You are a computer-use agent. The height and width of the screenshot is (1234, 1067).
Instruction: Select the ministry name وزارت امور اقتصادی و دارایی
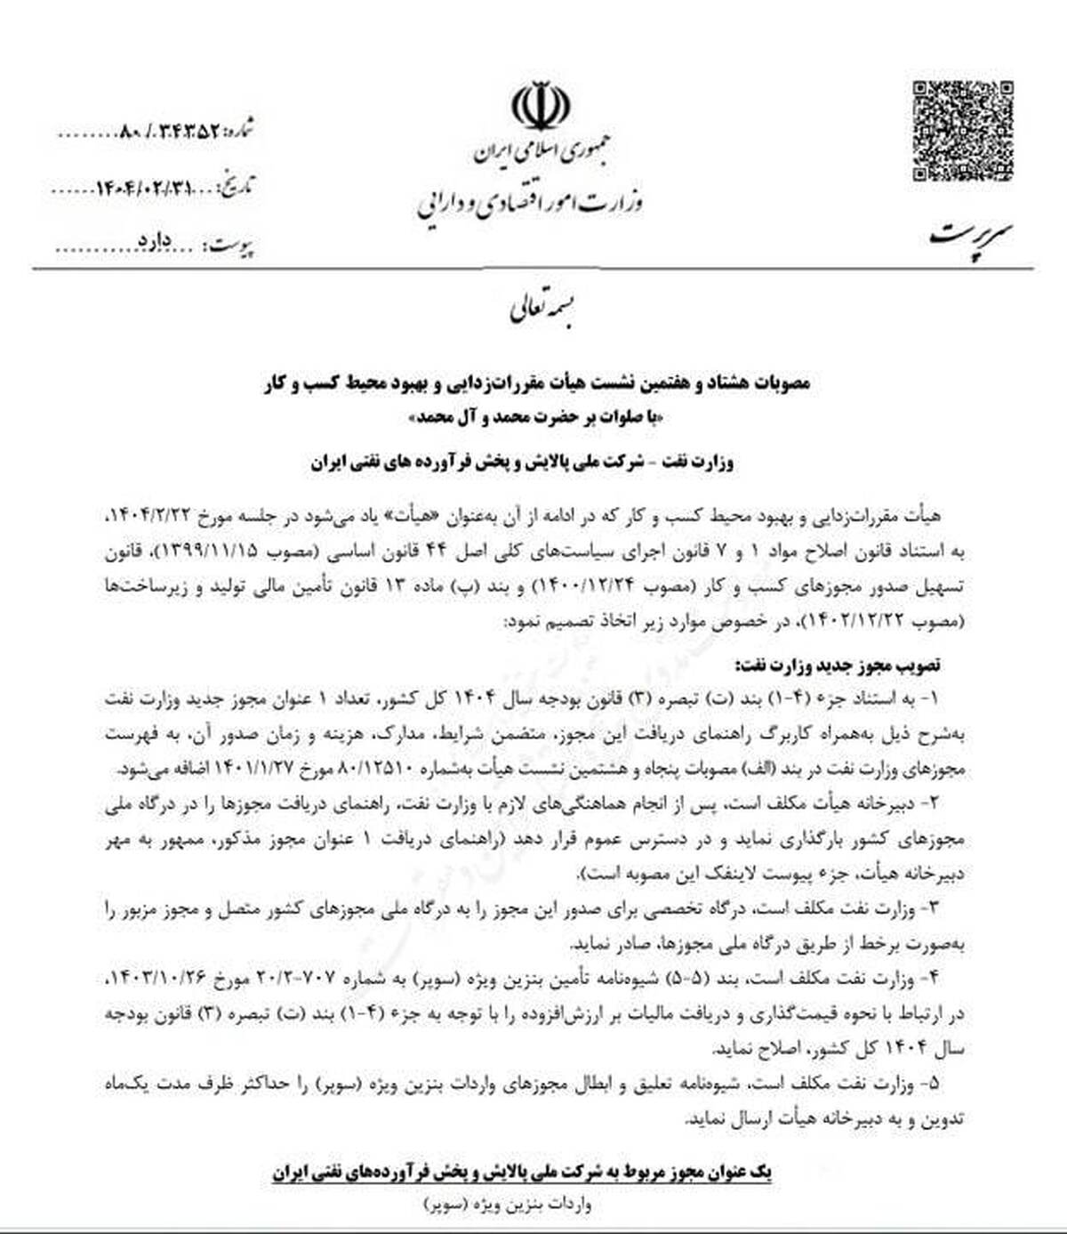tap(530, 204)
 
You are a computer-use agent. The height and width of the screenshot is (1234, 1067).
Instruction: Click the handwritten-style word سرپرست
tap(972, 234)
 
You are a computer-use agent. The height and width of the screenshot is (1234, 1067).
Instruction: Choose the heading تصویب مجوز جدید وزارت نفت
tap(838, 665)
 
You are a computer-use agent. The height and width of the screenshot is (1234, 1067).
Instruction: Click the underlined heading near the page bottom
tap(522, 1173)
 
